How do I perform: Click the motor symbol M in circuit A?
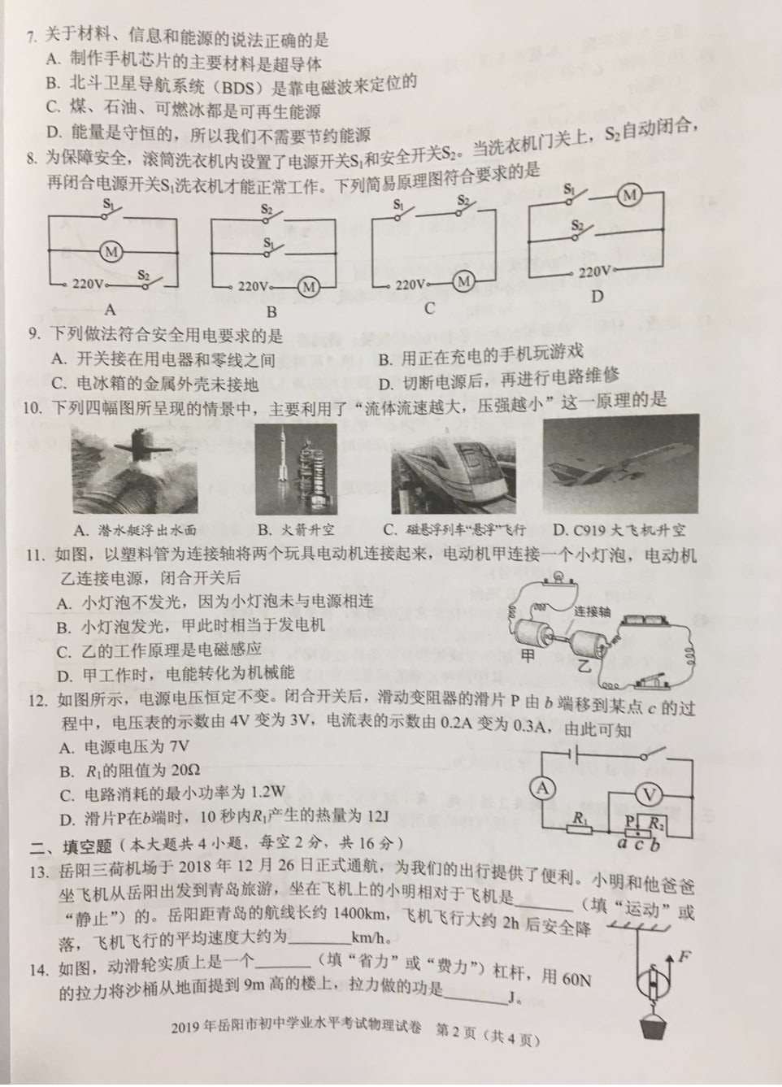click(111, 252)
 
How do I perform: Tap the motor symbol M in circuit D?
click(628, 195)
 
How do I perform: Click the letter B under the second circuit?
click(272, 311)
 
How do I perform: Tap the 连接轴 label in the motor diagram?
click(592, 612)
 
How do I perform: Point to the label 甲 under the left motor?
click(529, 657)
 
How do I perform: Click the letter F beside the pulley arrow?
click(684, 957)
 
